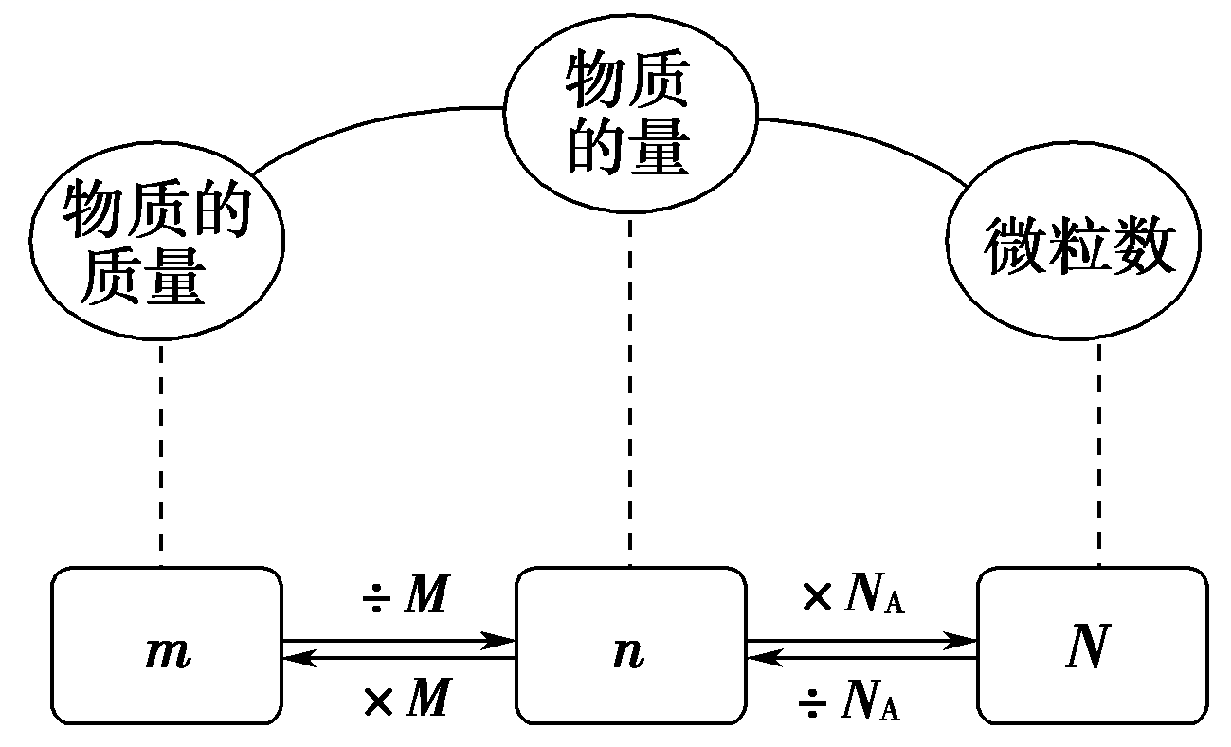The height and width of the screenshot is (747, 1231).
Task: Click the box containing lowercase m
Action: tap(167, 646)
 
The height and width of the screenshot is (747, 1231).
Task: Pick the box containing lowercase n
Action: tap(630, 646)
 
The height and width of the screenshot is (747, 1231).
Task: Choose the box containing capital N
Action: tap(1093, 646)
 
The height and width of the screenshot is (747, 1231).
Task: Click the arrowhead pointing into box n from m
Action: tap(498, 641)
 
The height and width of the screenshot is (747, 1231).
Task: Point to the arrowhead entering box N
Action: tap(961, 641)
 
